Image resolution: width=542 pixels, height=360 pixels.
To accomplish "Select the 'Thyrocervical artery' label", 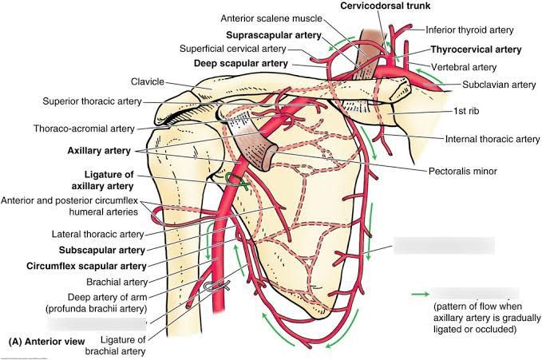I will pos(476,49).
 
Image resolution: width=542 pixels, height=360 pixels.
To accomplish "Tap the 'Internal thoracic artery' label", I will pos(493,138).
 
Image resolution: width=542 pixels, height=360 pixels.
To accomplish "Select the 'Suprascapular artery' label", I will pos(274,35).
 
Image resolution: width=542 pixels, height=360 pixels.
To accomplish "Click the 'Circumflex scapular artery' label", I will pos(86,266).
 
